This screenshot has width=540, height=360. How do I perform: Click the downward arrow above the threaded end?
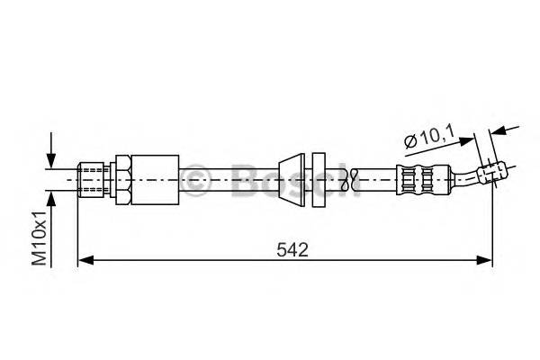[x=52, y=153]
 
